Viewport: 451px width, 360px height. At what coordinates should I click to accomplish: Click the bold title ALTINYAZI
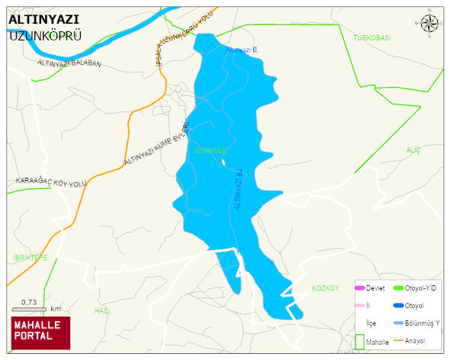click(x=43, y=20)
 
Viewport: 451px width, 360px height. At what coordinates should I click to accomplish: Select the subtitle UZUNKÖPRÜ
click(x=41, y=36)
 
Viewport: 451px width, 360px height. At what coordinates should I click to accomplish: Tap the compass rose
click(x=430, y=25)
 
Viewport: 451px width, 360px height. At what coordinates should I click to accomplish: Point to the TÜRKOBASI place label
click(x=372, y=37)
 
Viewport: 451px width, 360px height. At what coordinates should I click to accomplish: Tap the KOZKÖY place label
click(x=325, y=288)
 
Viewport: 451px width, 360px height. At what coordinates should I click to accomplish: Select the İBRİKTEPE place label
click(x=31, y=258)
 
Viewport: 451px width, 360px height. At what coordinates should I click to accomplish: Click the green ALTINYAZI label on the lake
click(x=210, y=151)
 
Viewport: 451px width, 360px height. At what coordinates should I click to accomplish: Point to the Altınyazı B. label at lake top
click(x=242, y=50)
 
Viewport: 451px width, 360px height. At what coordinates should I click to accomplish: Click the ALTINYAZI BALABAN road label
click(x=69, y=63)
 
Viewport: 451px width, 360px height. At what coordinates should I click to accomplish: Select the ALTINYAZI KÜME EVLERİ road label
click(x=156, y=145)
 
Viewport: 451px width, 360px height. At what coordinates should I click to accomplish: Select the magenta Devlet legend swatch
click(x=359, y=288)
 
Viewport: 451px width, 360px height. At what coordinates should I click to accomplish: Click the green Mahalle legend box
click(x=359, y=342)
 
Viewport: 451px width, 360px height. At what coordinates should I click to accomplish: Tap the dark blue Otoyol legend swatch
click(x=398, y=305)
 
